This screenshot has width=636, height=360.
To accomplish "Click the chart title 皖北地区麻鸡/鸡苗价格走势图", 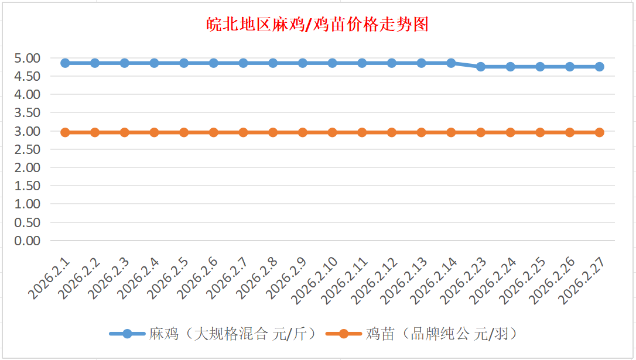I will (x=318, y=25).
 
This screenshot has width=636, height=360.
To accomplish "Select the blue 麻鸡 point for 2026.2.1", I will (x=66, y=63).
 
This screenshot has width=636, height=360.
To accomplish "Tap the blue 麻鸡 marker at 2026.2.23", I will (x=481, y=67).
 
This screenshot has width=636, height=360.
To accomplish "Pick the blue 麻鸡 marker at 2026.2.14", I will (x=451, y=63).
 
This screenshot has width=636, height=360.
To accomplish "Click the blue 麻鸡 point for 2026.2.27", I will (x=600, y=67).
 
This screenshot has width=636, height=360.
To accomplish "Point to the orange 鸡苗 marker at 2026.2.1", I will (x=66, y=132).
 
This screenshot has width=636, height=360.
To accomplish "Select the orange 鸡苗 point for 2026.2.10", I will (x=333, y=132).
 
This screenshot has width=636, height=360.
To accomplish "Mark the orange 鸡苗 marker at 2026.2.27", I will (x=600, y=132).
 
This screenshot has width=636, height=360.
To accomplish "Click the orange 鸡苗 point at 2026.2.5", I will (x=184, y=132).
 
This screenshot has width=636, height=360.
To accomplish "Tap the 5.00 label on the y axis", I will (x=29, y=58).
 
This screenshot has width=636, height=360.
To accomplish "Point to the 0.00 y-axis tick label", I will (x=29, y=241).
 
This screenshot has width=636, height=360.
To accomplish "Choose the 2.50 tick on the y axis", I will (x=29, y=149).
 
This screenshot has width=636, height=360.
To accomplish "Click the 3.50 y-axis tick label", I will (x=29, y=113).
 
